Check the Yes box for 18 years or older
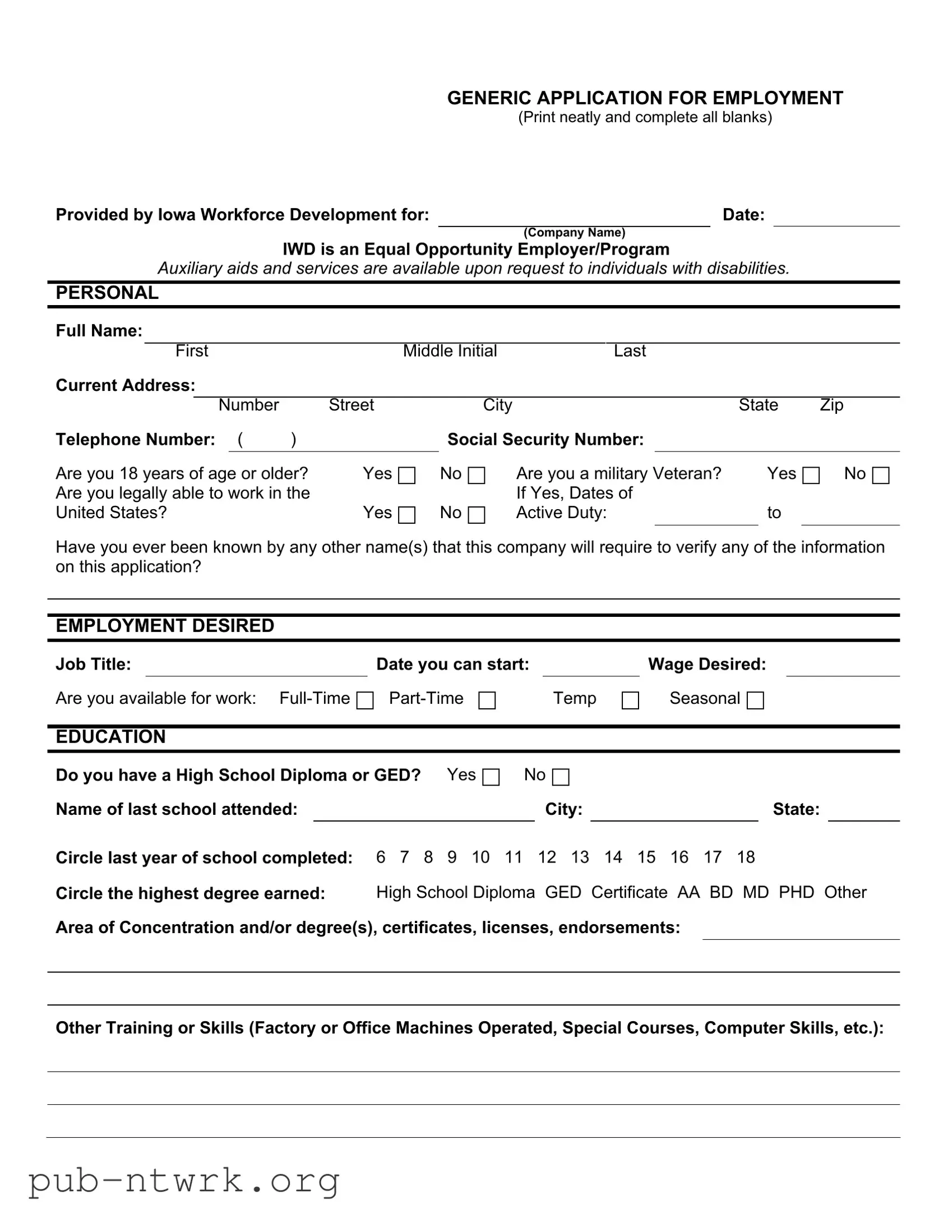pos(406,476)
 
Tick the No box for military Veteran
pos(881,476)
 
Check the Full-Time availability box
pos(365,700)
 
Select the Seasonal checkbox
pos(755,700)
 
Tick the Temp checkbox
pos(630,700)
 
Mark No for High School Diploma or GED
pos(561,777)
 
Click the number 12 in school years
pos(547,857)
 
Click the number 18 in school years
pos(746,857)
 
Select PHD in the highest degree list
pos(796,893)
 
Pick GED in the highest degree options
pos(563,893)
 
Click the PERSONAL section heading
pos(107,293)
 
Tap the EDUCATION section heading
pos(110,736)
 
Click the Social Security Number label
pos(545,439)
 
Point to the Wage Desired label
pos(706,664)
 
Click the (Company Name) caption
pos(574,233)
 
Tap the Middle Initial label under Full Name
pos(450,351)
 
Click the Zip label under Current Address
pos(831,405)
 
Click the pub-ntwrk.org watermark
pos(184,1181)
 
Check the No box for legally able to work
pos(477,515)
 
